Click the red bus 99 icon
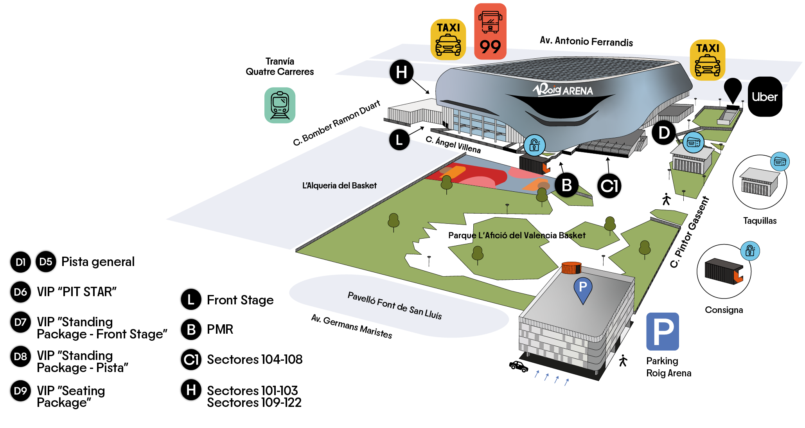(x=490, y=32)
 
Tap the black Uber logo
(x=765, y=97)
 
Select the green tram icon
(x=280, y=105)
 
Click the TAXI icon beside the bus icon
(x=448, y=40)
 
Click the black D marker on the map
(x=663, y=133)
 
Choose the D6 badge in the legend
(x=20, y=292)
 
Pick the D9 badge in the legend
(x=20, y=390)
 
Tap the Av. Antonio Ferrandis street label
(x=586, y=41)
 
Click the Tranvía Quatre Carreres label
(x=280, y=67)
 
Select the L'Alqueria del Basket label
(x=339, y=185)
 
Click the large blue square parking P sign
(x=662, y=331)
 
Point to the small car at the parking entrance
(x=518, y=367)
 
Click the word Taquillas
(x=760, y=221)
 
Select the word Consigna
(x=724, y=310)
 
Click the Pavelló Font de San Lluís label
(x=394, y=306)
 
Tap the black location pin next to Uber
(x=733, y=90)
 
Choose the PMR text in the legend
(x=220, y=329)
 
